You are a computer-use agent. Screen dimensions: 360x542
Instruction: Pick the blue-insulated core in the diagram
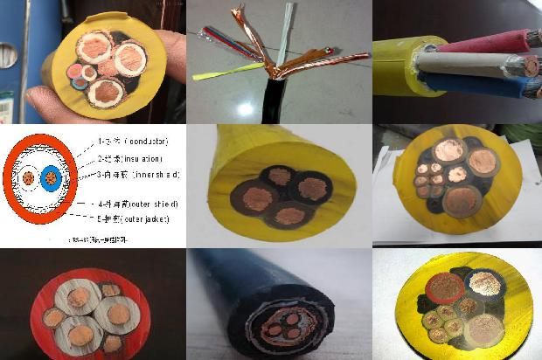click(50, 178)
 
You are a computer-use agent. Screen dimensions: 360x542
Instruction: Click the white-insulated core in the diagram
click(29, 178)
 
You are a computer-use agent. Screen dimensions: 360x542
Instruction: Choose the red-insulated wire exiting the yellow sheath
click(490, 40)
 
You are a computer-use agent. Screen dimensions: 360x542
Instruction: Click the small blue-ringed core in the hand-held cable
click(82, 82)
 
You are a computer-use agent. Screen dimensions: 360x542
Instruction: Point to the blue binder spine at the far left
click(10, 52)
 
